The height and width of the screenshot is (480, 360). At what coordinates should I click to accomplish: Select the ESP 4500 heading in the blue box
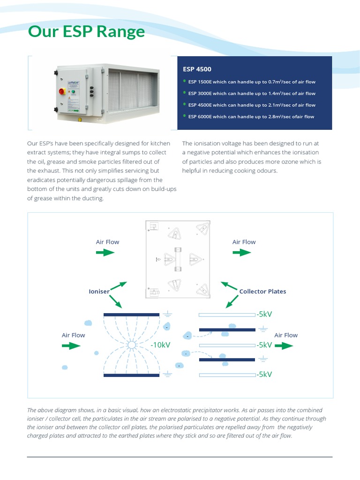[x=197, y=69]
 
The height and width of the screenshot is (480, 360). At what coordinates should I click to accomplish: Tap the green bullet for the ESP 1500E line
[x=185, y=81]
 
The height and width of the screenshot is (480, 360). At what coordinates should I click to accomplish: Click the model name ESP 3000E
[x=200, y=93]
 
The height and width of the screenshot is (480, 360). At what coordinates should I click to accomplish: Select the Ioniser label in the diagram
[x=99, y=292]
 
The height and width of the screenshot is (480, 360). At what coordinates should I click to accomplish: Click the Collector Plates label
[x=262, y=292]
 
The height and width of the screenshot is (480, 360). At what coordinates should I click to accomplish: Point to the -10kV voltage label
[x=160, y=345]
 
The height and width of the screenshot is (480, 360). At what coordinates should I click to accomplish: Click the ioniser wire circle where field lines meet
[x=132, y=345]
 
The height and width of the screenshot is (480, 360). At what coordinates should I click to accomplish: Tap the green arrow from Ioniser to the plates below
[x=115, y=301]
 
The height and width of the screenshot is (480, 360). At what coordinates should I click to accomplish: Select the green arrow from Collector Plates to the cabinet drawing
[x=229, y=285]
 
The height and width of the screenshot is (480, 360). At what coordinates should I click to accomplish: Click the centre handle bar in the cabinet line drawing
[x=178, y=259]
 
